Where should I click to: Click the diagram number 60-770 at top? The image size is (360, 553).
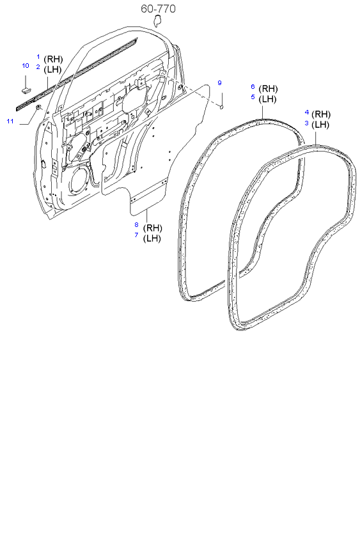pos(158,9)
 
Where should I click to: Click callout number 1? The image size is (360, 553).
pos(38,57)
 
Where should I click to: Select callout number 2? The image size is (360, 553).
pos(38,67)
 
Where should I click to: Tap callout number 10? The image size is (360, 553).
pos(26,66)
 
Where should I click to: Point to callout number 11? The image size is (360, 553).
pos(10,120)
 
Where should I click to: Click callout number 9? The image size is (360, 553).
pos(219,83)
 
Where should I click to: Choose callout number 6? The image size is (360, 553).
pos(253,87)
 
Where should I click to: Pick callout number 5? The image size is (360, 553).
pos(253,97)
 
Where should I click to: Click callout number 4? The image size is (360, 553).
pos(306,113)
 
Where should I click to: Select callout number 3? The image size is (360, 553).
pos(306,123)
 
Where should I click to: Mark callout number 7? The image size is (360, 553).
pos(136,235)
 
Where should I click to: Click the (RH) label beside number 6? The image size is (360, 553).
pos(269,88)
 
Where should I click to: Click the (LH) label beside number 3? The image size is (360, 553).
pos(321,124)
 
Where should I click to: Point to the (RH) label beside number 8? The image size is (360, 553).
pos(153,228)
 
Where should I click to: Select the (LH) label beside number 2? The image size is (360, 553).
pos(52,69)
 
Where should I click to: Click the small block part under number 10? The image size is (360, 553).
pos(26,82)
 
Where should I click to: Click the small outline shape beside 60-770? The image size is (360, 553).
pos(155,22)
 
